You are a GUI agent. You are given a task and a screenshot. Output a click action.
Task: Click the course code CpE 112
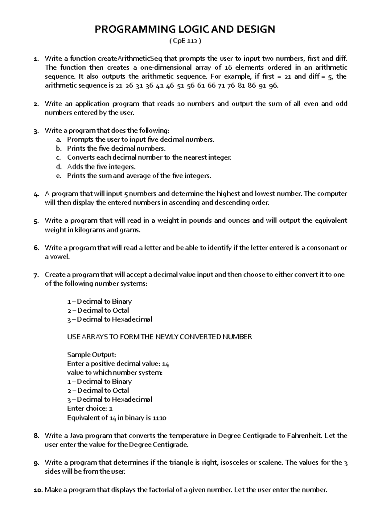(x=185, y=41)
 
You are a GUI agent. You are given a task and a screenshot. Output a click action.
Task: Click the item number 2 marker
(x=36, y=104)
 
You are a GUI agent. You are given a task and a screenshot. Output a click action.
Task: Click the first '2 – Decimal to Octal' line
(x=98, y=310)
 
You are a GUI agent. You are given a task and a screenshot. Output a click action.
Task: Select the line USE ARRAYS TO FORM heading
(x=159, y=337)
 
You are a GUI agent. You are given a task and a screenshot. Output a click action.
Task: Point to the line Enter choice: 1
(x=90, y=409)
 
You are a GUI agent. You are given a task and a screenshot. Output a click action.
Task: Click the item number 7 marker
(x=36, y=275)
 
